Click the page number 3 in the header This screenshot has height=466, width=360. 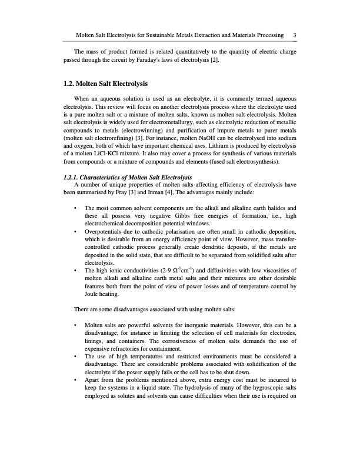[x=294, y=35]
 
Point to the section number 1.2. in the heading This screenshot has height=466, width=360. [x=72, y=84]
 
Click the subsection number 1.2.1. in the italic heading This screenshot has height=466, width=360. [x=73, y=178]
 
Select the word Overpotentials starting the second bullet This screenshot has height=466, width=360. [x=104, y=232]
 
